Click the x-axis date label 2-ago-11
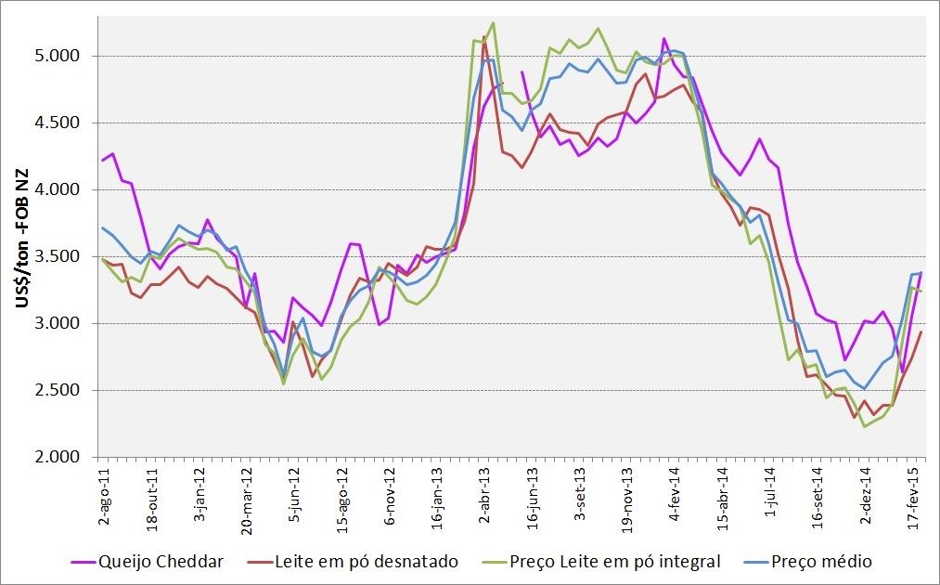(103, 493)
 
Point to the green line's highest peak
(493, 22)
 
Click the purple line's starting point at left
(103, 161)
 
